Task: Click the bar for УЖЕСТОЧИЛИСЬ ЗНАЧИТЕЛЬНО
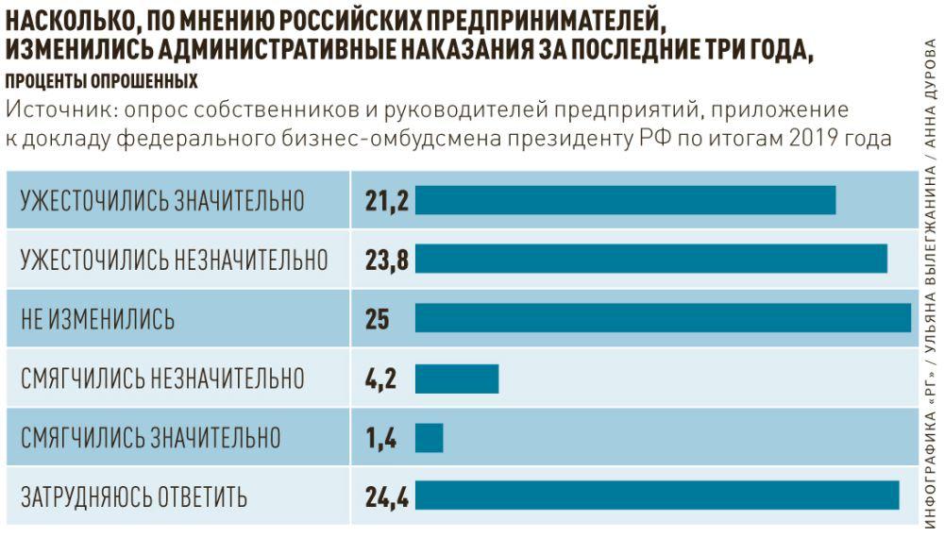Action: click(625, 200)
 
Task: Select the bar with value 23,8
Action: click(651, 259)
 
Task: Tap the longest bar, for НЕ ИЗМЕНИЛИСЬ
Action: click(663, 318)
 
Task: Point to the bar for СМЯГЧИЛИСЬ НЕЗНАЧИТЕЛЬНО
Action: click(456, 378)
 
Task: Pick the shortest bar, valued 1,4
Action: click(429, 437)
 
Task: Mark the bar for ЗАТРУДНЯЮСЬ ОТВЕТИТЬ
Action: click(657, 496)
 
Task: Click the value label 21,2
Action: click(386, 200)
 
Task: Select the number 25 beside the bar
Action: click(378, 319)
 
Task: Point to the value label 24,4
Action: click(386, 496)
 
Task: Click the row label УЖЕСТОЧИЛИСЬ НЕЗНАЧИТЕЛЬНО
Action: click(175, 260)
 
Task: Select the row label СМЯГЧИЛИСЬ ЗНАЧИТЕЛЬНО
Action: click(151, 437)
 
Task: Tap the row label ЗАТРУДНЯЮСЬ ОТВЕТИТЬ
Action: click(134, 496)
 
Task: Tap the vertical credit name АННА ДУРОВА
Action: click(930, 94)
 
